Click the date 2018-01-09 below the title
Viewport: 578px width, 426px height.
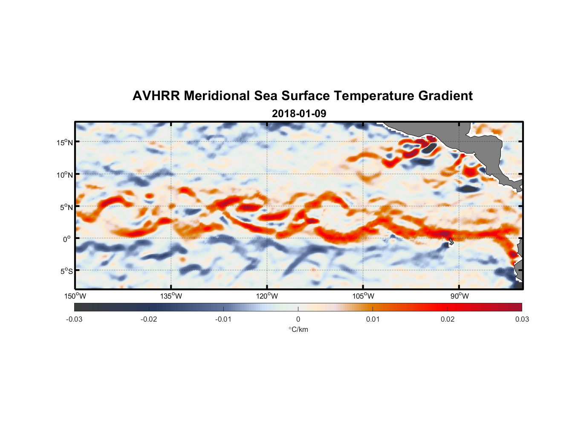(299, 114)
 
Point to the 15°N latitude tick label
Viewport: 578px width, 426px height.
(65, 142)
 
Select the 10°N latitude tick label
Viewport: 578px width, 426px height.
(65, 175)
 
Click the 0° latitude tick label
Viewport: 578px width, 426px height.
(67, 239)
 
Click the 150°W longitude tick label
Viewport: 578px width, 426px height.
(75, 296)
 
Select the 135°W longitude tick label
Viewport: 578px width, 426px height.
(171, 296)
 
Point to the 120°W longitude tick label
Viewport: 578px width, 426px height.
(267, 296)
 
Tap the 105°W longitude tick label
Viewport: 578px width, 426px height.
(363, 296)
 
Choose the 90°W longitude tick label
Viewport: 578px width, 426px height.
(460, 296)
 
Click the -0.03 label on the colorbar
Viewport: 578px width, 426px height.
(74, 319)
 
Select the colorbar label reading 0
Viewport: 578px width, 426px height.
(298, 319)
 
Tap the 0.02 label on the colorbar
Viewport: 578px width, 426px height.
(448, 319)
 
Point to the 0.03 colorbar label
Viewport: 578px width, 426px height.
(522, 319)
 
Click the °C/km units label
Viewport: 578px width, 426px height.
(298, 329)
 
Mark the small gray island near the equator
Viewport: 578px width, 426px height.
(451, 241)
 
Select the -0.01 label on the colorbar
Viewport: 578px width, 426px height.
(223, 319)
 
